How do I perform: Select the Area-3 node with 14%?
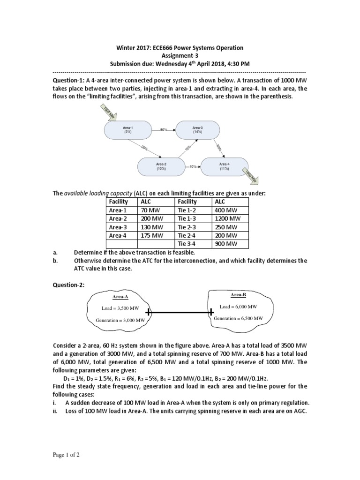click(197, 129)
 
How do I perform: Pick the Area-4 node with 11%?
click(225, 166)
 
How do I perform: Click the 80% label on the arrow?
click(164, 129)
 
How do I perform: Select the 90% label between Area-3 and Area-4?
click(218, 147)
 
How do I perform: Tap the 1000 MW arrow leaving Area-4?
click(251, 177)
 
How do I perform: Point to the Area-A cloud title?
click(120, 297)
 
